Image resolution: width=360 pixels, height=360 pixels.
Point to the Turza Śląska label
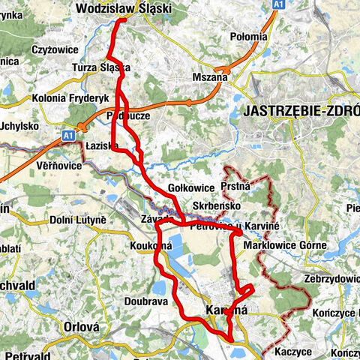101,67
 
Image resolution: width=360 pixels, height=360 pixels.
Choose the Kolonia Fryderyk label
70,98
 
